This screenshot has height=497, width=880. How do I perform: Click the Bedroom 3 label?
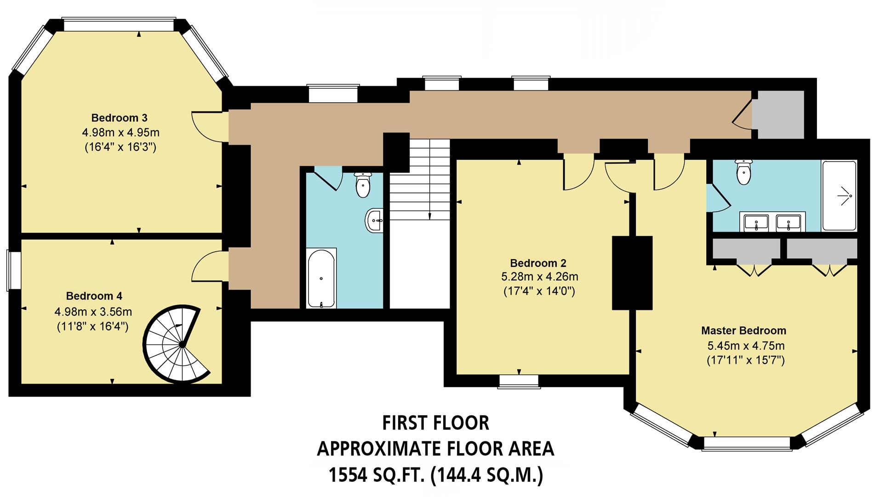click(119, 118)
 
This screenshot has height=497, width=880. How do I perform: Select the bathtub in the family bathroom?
click(321, 278)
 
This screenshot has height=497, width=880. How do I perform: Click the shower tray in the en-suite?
click(839, 196)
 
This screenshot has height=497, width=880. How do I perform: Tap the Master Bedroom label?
click(743, 330)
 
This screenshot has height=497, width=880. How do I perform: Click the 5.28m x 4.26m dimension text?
click(539, 277)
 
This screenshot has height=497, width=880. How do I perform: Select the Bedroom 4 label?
click(94, 296)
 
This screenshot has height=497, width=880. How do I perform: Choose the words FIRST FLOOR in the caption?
click(435, 423)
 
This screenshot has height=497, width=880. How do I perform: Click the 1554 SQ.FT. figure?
click(376, 475)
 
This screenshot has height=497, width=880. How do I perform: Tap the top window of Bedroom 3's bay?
click(119, 24)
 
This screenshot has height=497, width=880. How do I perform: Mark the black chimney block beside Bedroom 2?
click(632, 272)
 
